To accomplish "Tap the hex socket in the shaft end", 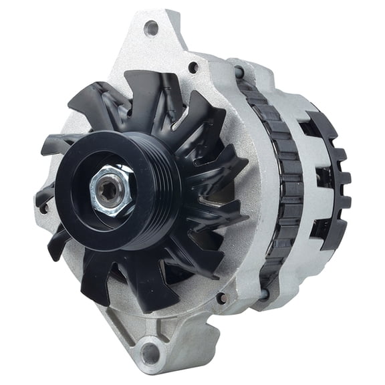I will click(x=110, y=188).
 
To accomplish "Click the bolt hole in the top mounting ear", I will click(x=151, y=28).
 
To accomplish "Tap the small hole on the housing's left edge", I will click(x=44, y=208).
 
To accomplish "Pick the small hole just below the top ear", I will click(x=193, y=67).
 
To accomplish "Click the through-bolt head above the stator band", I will click(x=239, y=72).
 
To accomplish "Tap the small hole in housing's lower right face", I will click(x=221, y=298).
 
